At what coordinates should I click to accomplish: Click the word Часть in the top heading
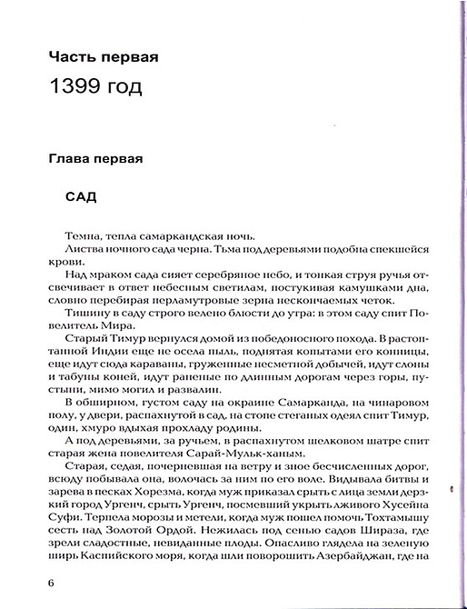coord(74,57)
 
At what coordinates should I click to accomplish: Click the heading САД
coord(83,195)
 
